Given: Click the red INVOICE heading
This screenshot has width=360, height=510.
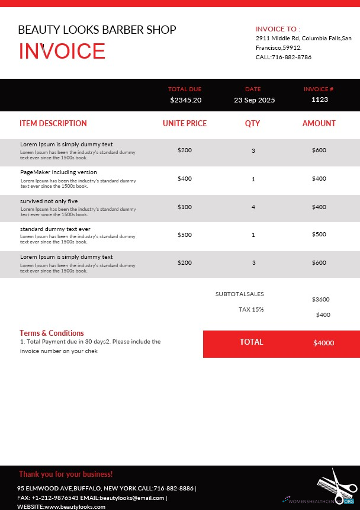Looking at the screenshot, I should click(x=62, y=52).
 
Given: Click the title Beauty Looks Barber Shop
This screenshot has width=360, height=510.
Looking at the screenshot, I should click(x=97, y=30).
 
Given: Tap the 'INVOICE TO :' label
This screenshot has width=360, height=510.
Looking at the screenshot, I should click(x=278, y=28).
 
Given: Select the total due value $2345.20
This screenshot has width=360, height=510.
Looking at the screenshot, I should click(x=185, y=100).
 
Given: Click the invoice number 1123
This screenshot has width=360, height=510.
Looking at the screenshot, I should click(x=319, y=100).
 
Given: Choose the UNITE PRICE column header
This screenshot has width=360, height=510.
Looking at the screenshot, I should click(x=185, y=124).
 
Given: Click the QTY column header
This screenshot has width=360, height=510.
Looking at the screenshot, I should click(x=253, y=124).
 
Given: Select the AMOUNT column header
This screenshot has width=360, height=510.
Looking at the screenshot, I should click(x=319, y=124).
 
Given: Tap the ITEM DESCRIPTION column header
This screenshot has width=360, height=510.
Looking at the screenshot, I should click(x=53, y=124).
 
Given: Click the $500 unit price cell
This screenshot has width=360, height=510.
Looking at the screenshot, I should click(x=185, y=235).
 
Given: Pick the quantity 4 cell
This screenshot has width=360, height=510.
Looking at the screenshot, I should click(x=253, y=207).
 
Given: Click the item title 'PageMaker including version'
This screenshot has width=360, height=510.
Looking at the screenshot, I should click(x=59, y=172).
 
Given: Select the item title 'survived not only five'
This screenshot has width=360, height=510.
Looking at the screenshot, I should click(x=49, y=201).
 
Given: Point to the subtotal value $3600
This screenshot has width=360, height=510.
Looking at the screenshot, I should click(x=321, y=300).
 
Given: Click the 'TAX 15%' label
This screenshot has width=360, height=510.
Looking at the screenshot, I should click(x=251, y=309).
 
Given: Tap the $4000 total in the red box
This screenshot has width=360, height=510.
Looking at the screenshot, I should click(x=323, y=343).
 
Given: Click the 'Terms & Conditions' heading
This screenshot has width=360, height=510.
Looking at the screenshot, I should click(x=52, y=333).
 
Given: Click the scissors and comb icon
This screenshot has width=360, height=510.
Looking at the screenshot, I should click(x=335, y=487).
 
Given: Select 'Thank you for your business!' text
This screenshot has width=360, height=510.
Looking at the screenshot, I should click(x=65, y=474).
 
